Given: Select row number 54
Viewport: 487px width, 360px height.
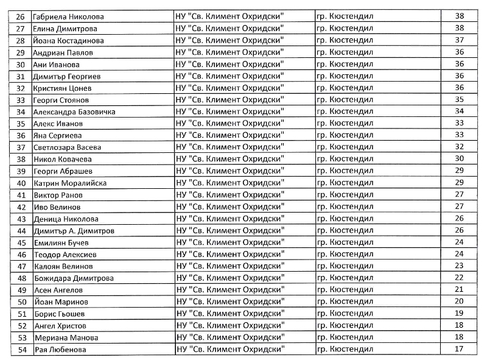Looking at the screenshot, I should [x=21, y=350].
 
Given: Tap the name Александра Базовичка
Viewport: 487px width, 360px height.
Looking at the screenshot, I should [x=74, y=111].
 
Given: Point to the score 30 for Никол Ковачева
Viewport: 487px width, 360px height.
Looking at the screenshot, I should [x=459, y=159].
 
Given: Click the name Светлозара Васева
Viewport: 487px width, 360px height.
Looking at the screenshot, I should [x=66, y=147].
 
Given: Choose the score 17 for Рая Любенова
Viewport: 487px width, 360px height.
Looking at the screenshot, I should [x=459, y=349].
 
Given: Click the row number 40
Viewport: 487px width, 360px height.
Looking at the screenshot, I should [x=21, y=183].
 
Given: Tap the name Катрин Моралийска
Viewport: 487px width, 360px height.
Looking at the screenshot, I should [x=69, y=183].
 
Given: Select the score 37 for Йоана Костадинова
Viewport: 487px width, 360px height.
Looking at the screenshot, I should [x=459, y=40].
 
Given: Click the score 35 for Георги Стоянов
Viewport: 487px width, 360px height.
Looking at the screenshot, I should [x=459, y=99].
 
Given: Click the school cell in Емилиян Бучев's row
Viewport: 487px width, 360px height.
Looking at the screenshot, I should [x=229, y=242].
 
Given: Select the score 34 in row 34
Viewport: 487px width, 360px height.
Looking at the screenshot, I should [x=459, y=111].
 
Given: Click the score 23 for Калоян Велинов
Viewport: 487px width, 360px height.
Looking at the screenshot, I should [x=459, y=266].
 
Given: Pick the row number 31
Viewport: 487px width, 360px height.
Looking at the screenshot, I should [x=21, y=76].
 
